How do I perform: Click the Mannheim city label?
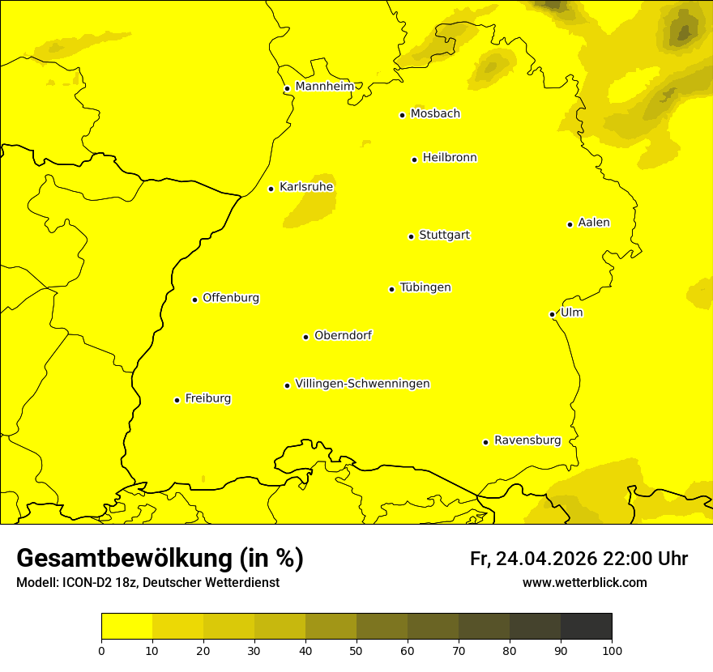tap(324, 87)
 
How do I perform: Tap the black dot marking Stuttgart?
tap(411, 236)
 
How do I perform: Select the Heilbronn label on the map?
tap(450, 158)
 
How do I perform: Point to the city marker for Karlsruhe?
tap(271, 189)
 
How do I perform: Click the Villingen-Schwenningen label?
tap(362, 384)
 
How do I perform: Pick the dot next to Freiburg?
tap(177, 400)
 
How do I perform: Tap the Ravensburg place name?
tap(527, 440)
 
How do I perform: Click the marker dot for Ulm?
tap(552, 314)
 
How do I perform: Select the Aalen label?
tap(594, 223)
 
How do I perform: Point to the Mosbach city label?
tap(435, 114)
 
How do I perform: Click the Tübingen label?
tap(425, 287)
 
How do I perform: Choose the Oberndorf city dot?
tap(305, 337)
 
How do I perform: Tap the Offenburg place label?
tap(231, 298)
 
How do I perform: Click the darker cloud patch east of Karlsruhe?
tap(311, 201)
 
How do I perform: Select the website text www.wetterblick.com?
tap(584, 582)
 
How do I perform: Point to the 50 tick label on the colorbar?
tap(356, 650)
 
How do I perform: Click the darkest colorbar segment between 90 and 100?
tap(586, 626)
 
